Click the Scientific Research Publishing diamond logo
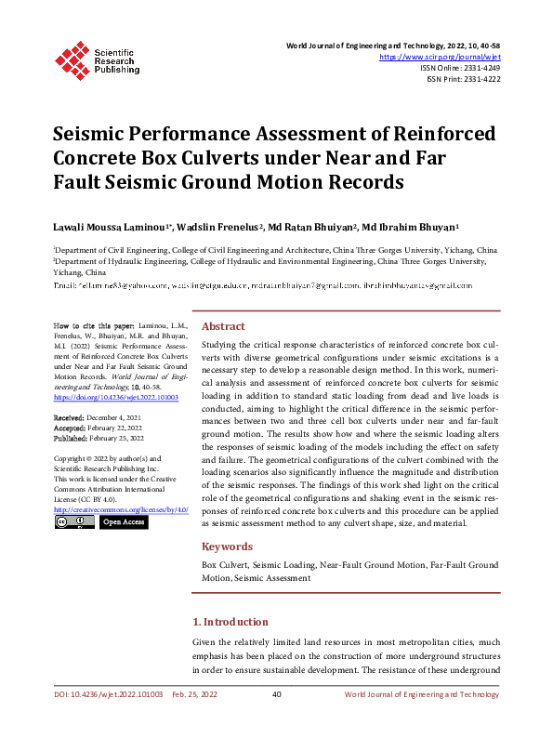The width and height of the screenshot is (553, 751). click(72, 58)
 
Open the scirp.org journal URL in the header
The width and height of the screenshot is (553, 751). click(441, 57)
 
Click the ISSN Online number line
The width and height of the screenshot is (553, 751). click(460, 68)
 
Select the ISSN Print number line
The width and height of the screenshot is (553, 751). click(463, 79)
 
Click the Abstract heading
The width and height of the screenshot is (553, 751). click(223, 327)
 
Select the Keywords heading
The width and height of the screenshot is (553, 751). click(228, 547)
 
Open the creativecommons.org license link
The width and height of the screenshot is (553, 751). click(121, 510)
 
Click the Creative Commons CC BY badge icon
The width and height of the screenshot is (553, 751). click(74, 522)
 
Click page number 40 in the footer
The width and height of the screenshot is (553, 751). click(276, 695)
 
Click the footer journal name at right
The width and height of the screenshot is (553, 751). click(421, 695)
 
